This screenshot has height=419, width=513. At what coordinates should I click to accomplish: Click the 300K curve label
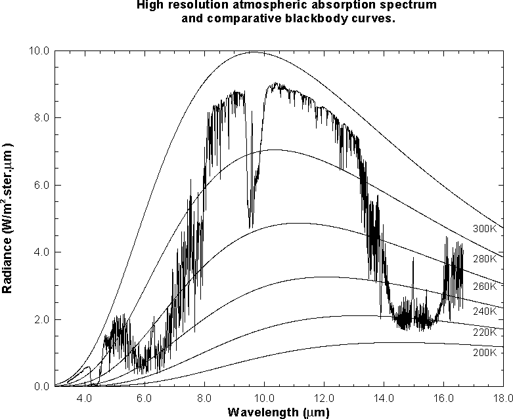485,229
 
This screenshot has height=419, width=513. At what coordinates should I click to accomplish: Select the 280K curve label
485,258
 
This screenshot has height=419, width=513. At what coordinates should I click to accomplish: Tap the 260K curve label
485,286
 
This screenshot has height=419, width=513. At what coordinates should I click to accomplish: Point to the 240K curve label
485,311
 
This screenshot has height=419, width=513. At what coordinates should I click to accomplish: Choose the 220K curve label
485,332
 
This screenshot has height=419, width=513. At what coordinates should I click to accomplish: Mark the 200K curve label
485,352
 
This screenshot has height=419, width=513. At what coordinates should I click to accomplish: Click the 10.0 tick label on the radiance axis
39,50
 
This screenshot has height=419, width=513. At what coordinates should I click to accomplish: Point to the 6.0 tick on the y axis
41,185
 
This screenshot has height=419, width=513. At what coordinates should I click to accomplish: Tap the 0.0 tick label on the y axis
41,386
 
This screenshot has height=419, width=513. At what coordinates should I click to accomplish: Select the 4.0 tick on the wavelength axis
85,399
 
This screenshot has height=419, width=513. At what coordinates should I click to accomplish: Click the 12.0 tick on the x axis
324,399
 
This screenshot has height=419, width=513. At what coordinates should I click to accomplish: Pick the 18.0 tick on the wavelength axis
503,399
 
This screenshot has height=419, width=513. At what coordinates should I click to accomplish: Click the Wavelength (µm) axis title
279,412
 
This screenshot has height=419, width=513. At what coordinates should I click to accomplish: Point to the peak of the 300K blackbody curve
254,52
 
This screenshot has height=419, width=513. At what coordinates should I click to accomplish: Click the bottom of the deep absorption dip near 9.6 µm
250,228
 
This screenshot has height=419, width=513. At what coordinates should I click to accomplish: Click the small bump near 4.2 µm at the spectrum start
86,367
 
